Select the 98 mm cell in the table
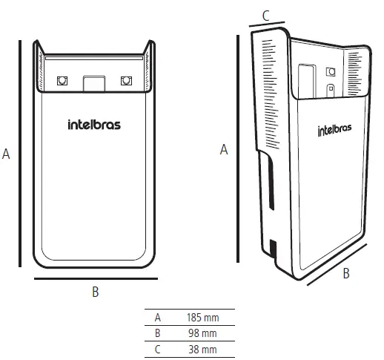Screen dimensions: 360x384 pyautogui.click(x=202, y=333)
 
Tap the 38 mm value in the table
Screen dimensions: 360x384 pyautogui.click(x=202, y=349)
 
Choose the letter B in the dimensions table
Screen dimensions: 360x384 pyautogui.click(x=157, y=333)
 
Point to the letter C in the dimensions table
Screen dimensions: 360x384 pyautogui.click(x=157, y=349)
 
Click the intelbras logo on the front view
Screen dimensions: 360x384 pyautogui.click(x=94, y=125)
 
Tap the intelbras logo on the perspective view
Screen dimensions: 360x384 pyautogui.click(x=334, y=131)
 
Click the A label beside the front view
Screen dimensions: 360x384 pyautogui.click(x=7, y=154)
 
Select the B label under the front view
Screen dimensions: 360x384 pyautogui.click(x=95, y=292)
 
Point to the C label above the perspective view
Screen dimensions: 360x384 pyautogui.click(x=266, y=13)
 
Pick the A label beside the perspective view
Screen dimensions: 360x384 pyautogui.click(x=224, y=149)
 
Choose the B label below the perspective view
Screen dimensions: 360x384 pyautogui.click(x=346, y=273)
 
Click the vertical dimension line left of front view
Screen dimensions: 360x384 pyautogui.click(x=20, y=154)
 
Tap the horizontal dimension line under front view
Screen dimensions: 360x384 pyautogui.click(x=96, y=278)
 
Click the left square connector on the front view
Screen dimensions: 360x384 pyautogui.click(x=62, y=81)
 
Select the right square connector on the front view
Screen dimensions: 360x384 pyautogui.click(x=125, y=81)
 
